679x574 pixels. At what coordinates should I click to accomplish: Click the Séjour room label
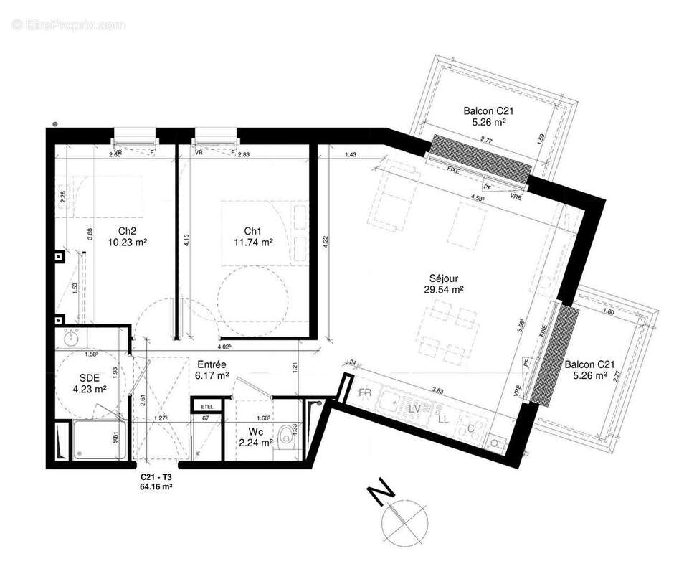(444, 278)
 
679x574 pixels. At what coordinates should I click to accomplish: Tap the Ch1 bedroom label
(252, 231)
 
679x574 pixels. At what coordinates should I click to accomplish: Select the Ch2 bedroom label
(128, 231)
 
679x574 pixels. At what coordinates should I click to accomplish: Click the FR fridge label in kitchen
(366, 394)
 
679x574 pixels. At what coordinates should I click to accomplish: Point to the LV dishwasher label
(414, 408)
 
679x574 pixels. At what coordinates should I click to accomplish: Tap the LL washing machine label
(444, 418)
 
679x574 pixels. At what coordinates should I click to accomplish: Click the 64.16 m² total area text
(156, 486)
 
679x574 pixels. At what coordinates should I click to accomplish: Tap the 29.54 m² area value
(444, 290)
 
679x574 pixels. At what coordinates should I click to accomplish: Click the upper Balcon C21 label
(488, 111)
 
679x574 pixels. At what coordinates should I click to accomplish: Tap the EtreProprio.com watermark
(69, 25)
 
